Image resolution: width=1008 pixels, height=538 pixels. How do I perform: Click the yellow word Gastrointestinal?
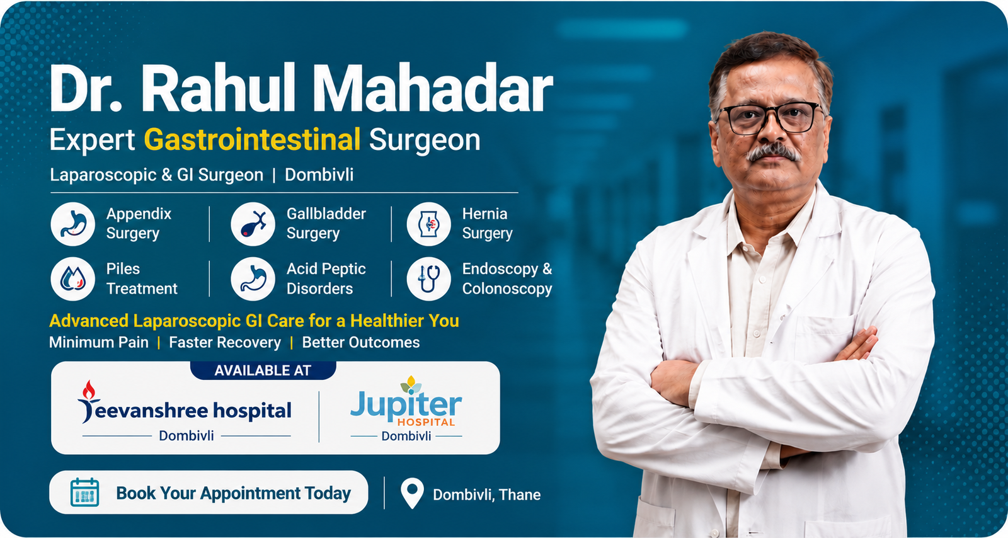252,139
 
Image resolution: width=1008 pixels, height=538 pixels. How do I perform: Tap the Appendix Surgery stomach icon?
73,224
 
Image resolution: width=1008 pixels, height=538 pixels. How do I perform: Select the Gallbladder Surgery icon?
253,224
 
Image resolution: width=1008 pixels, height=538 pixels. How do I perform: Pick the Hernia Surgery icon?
429,224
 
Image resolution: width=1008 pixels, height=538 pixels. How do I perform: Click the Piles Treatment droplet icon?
73,279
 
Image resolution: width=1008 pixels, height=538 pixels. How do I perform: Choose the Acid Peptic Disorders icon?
253,279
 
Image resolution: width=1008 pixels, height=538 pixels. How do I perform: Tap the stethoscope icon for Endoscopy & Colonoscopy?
429,279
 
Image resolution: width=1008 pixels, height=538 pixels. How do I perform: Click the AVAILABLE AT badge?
263,370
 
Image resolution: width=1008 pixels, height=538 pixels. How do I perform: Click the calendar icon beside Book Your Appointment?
84,493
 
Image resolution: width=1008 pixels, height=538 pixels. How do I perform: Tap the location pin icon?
412,493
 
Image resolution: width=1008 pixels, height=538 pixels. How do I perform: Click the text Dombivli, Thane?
486,495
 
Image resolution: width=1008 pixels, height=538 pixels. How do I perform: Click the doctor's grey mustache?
772,152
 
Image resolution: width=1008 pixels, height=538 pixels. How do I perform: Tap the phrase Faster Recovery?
224,342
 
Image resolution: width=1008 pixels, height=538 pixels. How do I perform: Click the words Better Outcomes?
360,342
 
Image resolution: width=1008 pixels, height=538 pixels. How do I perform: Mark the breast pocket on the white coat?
823,338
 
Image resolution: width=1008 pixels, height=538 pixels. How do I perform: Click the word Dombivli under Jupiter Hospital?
406,436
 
